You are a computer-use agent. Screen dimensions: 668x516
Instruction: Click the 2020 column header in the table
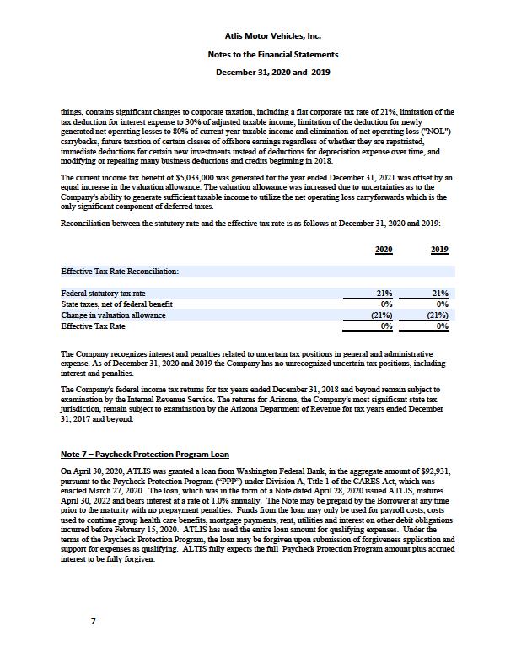tap(384, 250)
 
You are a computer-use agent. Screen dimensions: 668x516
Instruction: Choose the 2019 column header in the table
tap(439, 250)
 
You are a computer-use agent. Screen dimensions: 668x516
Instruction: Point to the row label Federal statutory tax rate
tap(104, 293)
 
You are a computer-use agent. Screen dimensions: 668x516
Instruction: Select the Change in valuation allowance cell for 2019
tap(438, 315)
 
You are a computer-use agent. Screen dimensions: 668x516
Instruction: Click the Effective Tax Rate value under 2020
tap(386, 326)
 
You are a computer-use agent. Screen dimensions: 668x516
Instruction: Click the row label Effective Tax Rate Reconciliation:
tap(120, 272)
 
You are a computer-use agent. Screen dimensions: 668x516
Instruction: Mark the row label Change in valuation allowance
tap(114, 315)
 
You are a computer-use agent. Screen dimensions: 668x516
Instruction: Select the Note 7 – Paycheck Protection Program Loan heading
tap(145, 455)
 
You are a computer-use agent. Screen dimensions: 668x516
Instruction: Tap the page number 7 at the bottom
tap(94, 621)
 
